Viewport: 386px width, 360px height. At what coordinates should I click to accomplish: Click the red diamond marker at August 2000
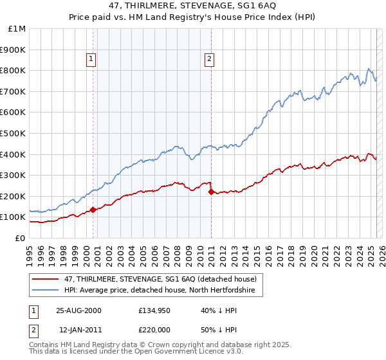(x=93, y=210)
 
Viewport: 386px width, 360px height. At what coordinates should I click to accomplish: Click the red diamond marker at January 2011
(x=211, y=192)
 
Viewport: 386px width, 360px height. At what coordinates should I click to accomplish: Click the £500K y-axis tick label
(x=14, y=133)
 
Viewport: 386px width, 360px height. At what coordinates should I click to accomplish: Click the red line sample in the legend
(x=46, y=278)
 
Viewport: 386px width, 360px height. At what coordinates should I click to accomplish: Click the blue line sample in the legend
(x=46, y=291)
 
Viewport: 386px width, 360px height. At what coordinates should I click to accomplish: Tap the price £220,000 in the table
(x=154, y=330)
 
